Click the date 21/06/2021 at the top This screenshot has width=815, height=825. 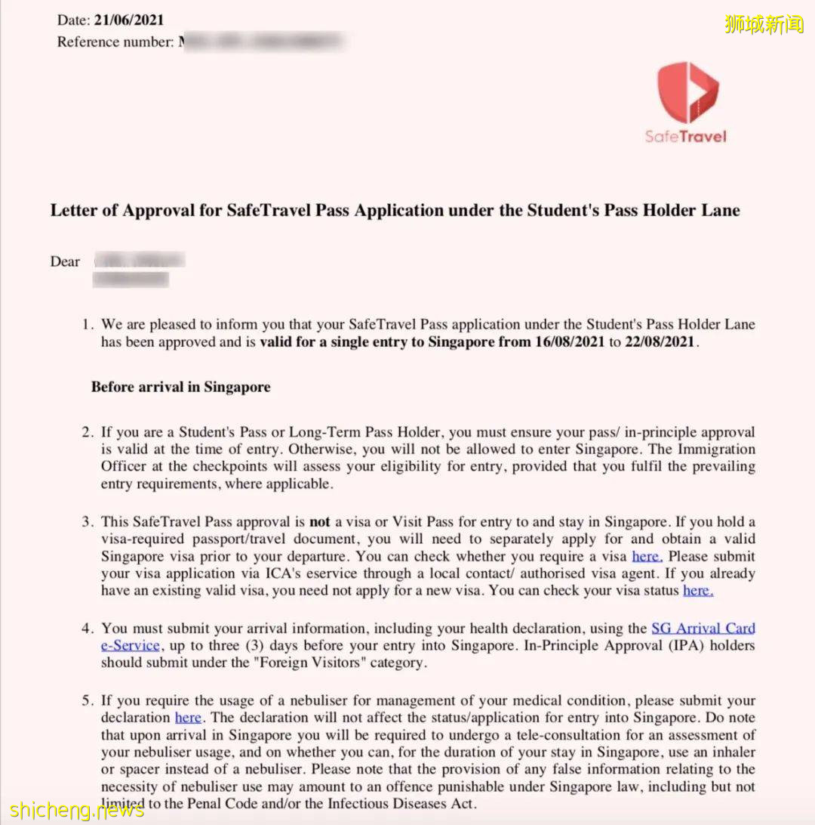tap(128, 20)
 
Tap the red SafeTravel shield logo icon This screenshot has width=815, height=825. tap(687, 92)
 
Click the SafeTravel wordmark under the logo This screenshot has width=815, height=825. tap(685, 137)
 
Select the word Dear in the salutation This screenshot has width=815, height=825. tap(65, 261)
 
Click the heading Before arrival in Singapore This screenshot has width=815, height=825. tap(180, 387)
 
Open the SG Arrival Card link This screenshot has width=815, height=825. tap(703, 629)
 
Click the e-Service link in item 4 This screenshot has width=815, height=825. tap(130, 646)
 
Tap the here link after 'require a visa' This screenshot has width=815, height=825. tap(647, 557)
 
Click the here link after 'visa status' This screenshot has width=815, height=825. tap(698, 591)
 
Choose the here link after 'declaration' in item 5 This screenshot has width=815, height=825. tap(188, 718)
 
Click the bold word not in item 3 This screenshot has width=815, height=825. tap(319, 522)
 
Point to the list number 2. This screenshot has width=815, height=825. tap(87, 433)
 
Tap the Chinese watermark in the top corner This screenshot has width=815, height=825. tap(764, 24)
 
